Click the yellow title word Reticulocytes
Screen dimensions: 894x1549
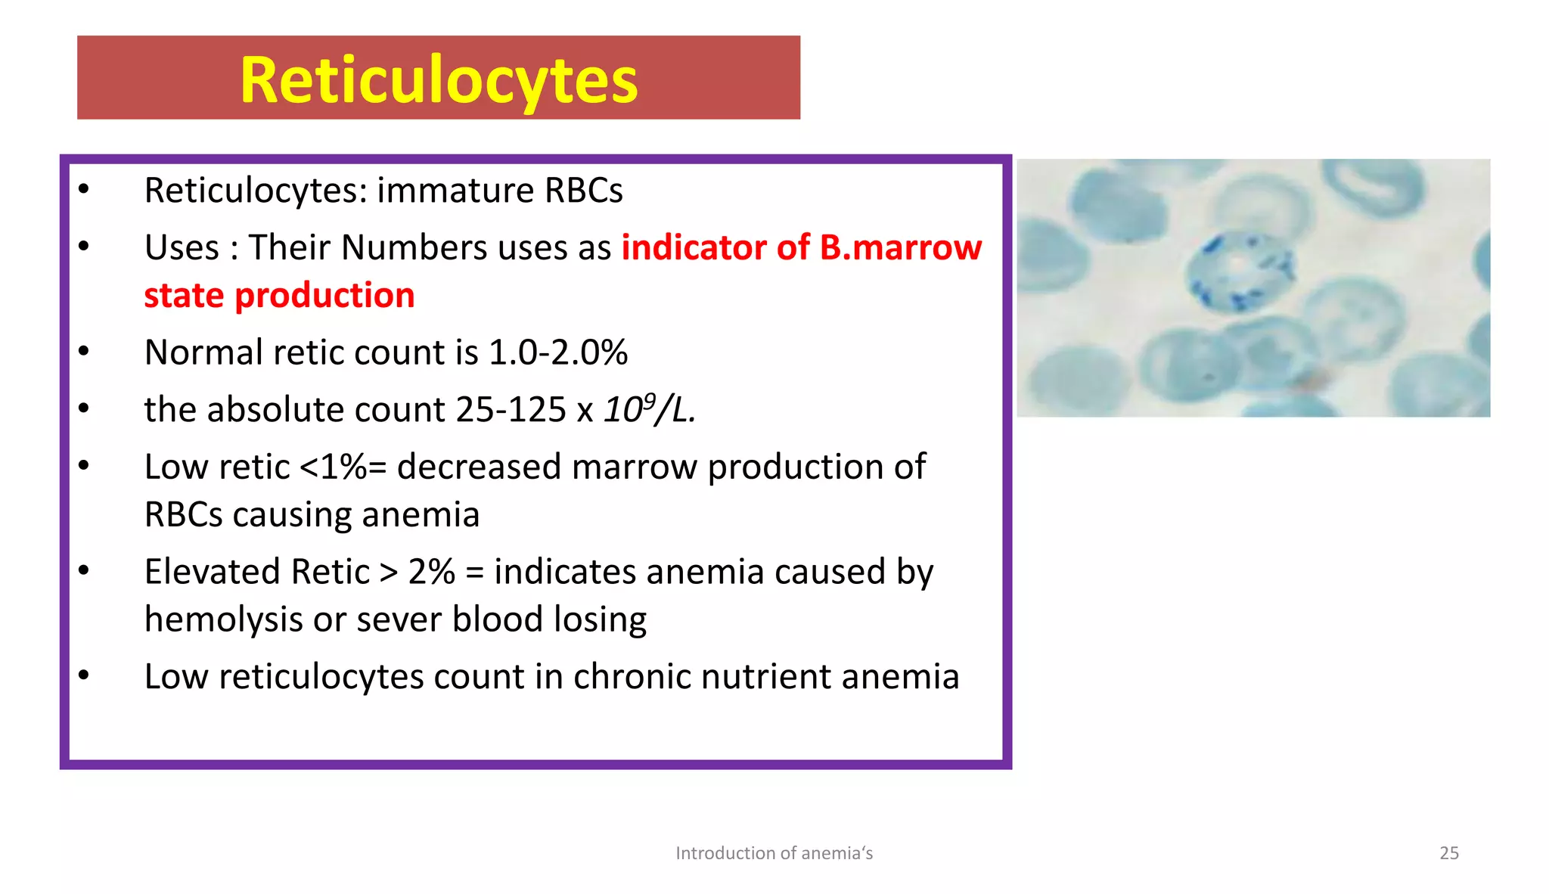coord(439,80)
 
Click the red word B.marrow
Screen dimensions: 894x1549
coord(900,248)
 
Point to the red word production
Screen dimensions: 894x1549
coord(324,296)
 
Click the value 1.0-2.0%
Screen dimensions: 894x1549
coord(558,352)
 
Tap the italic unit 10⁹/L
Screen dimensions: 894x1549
coord(649,410)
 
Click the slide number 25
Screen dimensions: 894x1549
coord(1448,853)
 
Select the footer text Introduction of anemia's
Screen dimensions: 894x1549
coord(774,853)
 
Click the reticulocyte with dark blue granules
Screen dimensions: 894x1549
coord(1240,272)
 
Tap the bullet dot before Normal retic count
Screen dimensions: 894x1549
coord(84,351)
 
